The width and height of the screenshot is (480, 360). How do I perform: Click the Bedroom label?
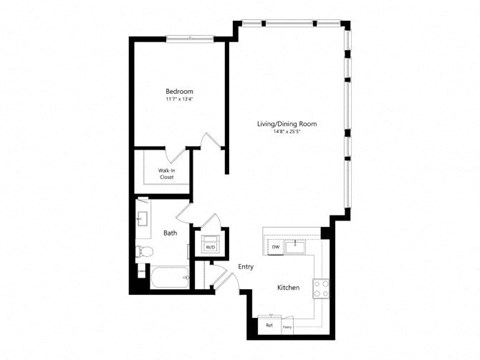(180, 91)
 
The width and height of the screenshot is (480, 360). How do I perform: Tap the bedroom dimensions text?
(180, 100)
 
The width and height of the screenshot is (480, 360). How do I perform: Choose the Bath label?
(170, 233)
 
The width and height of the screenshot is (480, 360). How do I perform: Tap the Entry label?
(245, 267)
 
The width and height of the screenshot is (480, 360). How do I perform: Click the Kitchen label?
(288, 288)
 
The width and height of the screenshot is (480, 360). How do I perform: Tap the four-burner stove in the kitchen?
(322, 288)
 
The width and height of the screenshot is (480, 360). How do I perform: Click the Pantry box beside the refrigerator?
(287, 325)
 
